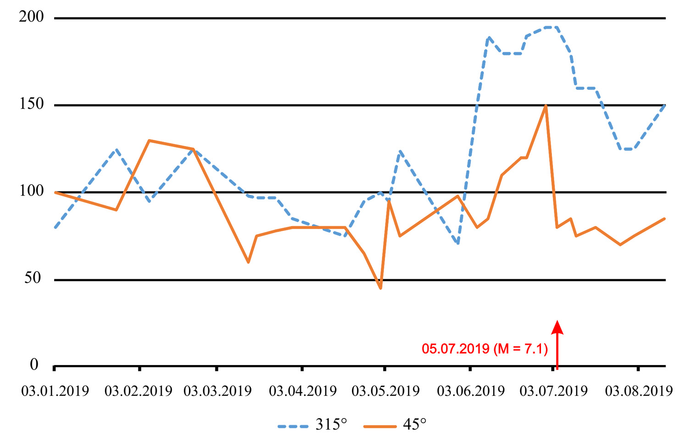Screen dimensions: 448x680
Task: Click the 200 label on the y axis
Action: pos(31,17)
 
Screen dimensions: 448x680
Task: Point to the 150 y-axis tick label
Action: pos(31,104)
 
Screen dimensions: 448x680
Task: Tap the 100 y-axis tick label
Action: pos(31,191)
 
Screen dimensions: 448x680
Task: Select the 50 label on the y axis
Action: pos(33,278)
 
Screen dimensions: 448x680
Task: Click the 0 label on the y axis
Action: pos(34,365)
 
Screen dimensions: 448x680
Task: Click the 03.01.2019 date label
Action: pos(55,391)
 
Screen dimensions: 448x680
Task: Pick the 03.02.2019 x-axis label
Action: pos(138,391)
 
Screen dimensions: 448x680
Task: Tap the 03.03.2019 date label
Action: pos(217,391)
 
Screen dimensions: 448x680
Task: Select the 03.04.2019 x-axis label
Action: pos(303,391)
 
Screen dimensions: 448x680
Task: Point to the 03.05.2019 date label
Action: pos(385,391)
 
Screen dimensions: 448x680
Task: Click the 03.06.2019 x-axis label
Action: pos(471,391)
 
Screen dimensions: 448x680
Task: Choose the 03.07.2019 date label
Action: pos(553,391)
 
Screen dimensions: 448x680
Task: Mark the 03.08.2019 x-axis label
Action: pos(639,391)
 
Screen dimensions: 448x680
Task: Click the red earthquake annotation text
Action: pos(485,349)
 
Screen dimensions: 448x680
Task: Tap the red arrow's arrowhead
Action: pos(557,326)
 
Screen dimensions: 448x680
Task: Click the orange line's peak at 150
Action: pos(546,105)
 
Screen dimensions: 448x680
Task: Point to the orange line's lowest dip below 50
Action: pos(380,288)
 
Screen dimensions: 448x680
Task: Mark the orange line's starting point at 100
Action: pos(55,192)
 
